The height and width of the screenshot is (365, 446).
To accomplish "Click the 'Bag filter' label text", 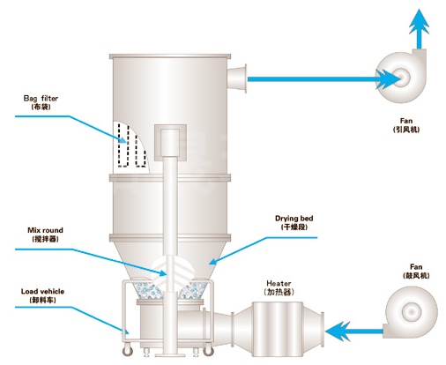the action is click(x=41, y=98).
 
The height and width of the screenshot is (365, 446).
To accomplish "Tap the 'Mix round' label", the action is click(x=45, y=230).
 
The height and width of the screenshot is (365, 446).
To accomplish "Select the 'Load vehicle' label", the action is click(x=42, y=291).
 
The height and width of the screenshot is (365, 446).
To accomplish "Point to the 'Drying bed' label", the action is click(x=294, y=219).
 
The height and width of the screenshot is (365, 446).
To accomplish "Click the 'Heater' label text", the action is click(x=279, y=283).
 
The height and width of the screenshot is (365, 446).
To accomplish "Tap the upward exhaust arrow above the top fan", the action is click(x=420, y=29).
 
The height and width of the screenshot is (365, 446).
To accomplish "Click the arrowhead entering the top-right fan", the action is click(x=388, y=79).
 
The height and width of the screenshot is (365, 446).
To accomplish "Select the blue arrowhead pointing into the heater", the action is click(x=338, y=331).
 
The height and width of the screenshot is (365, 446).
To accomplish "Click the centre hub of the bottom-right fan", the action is click(x=412, y=311).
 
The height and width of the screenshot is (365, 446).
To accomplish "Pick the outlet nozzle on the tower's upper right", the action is click(x=237, y=78).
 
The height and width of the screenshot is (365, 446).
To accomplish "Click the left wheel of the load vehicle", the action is click(x=128, y=351).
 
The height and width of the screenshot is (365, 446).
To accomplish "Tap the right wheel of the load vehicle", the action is click(x=208, y=350).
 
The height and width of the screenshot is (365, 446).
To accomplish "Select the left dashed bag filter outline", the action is click(x=123, y=145).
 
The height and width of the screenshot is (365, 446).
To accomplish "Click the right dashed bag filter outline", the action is click(x=141, y=151).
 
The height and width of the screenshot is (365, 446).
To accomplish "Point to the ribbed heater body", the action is click(x=278, y=329).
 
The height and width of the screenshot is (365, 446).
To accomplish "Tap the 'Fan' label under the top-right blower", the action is click(x=406, y=121).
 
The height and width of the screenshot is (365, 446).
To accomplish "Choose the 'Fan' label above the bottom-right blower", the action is click(x=416, y=267).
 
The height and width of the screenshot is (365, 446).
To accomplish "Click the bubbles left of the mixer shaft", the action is click(x=148, y=291).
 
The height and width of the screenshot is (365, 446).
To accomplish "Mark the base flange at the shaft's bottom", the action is click(x=170, y=355).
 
